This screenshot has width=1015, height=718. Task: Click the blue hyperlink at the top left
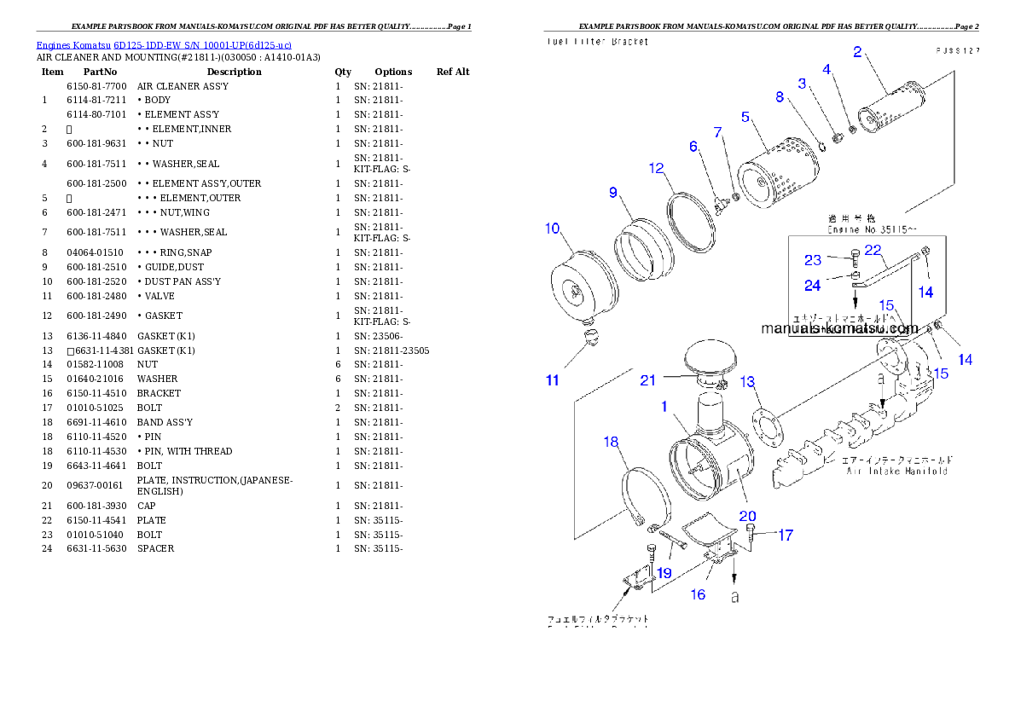[164, 44]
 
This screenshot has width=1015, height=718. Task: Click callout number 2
[856, 51]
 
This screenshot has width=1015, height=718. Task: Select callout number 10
[553, 228]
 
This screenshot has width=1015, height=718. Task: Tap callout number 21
[648, 380]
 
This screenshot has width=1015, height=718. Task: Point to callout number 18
[611, 442]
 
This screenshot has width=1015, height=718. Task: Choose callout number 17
[785, 536]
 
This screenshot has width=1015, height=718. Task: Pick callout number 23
[813, 260]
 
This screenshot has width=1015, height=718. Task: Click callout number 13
[748, 381]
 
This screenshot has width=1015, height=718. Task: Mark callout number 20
[747, 515]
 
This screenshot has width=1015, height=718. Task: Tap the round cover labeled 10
[577, 287]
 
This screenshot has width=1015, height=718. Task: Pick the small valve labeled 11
[588, 339]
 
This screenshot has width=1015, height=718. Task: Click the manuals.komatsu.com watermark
[839, 328]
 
